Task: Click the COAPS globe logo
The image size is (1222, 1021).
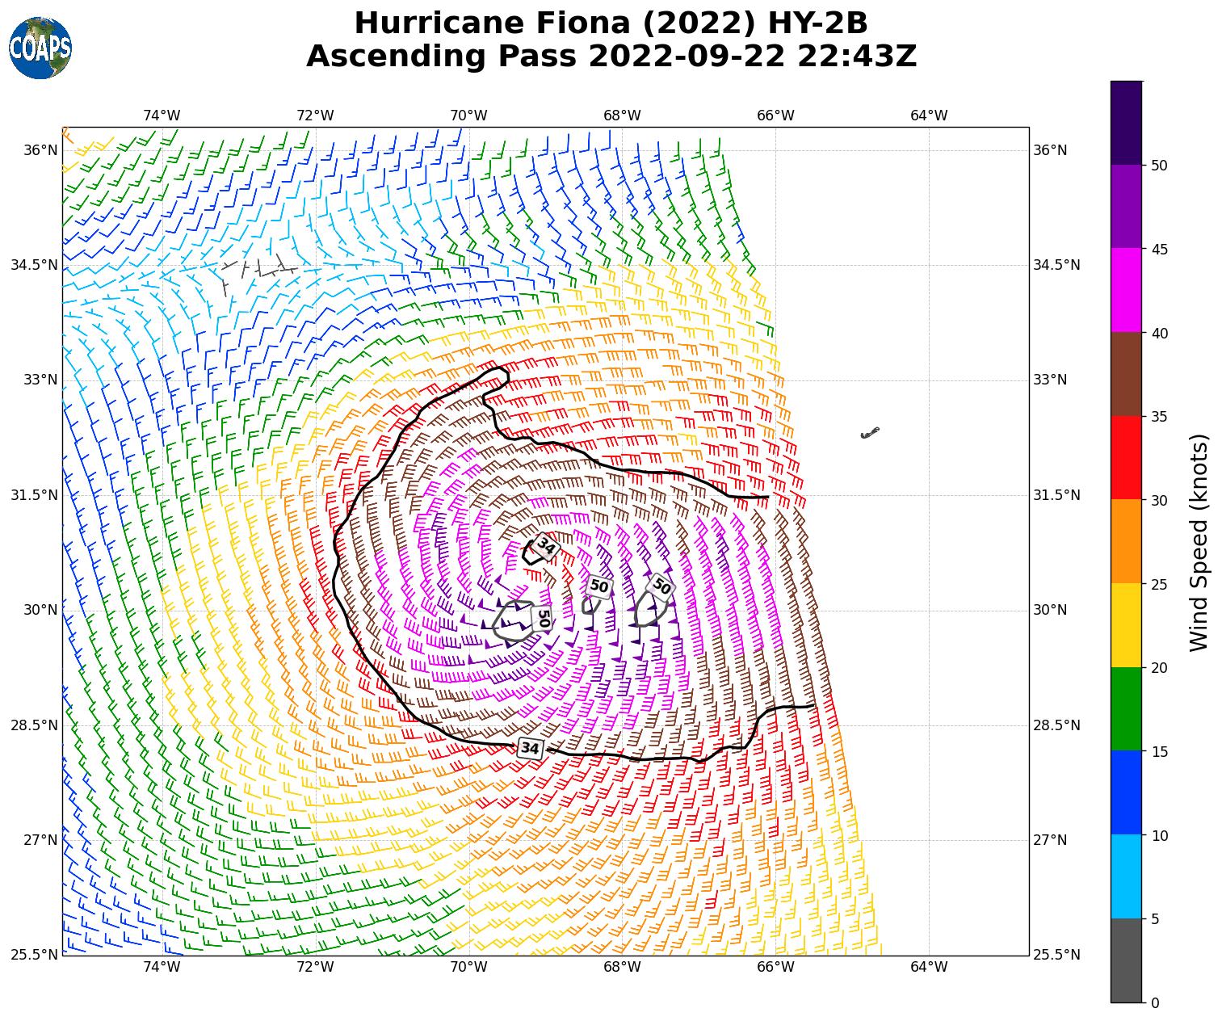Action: pyautogui.click(x=40, y=48)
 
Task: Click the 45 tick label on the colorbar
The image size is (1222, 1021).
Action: pyautogui.click(x=1159, y=250)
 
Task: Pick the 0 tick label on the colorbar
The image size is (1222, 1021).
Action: pyautogui.click(x=1155, y=1002)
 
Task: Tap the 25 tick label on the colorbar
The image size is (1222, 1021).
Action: pyautogui.click(x=1159, y=585)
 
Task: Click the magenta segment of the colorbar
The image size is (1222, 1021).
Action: pyautogui.click(x=1126, y=290)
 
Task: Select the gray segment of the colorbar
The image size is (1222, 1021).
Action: pyautogui.click(x=1126, y=960)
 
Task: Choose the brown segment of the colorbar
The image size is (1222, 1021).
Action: pyautogui.click(x=1126, y=374)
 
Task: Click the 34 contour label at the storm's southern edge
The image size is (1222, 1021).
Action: pyautogui.click(x=530, y=748)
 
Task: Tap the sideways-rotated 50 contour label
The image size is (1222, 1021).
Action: pyautogui.click(x=543, y=619)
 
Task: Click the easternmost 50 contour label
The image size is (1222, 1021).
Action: pyautogui.click(x=661, y=586)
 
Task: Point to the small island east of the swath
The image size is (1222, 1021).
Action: pyautogui.click(x=870, y=433)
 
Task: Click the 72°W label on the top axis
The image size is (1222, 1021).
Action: pyautogui.click(x=315, y=116)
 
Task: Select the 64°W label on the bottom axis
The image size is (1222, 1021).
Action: pyautogui.click(x=929, y=967)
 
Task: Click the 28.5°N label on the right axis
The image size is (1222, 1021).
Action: pyautogui.click(x=1056, y=725)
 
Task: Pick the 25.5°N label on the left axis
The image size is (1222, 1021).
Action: pyautogui.click(x=34, y=955)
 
